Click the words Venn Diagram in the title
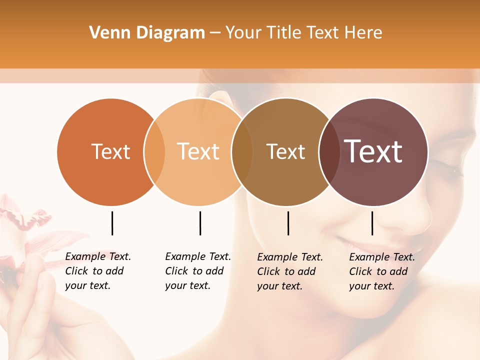point(147,33)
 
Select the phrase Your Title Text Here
point(303,33)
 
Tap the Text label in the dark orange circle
point(110,151)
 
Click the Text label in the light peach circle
point(198,151)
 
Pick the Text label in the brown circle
point(285,151)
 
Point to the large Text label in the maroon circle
point(373,151)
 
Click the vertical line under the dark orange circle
point(112,223)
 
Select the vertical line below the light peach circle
point(200,223)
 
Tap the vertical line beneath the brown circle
point(288,223)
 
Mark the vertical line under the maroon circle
point(372,223)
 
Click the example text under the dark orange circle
point(97,271)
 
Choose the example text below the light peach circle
point(197,271)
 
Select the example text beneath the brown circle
point(289,271)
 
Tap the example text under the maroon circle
point(381,271)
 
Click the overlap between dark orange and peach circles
point(154,151)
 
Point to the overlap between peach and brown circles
point(242,151)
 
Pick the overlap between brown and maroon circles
point(329,151)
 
